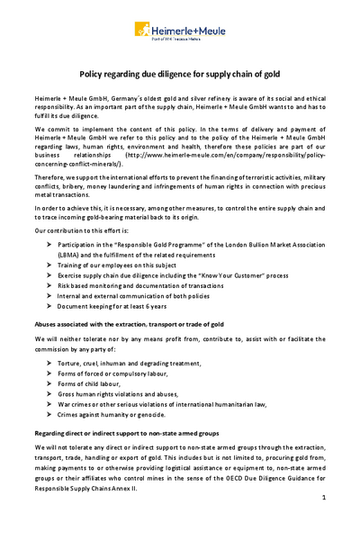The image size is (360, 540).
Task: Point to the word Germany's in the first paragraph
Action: click(x=128, y=95)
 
